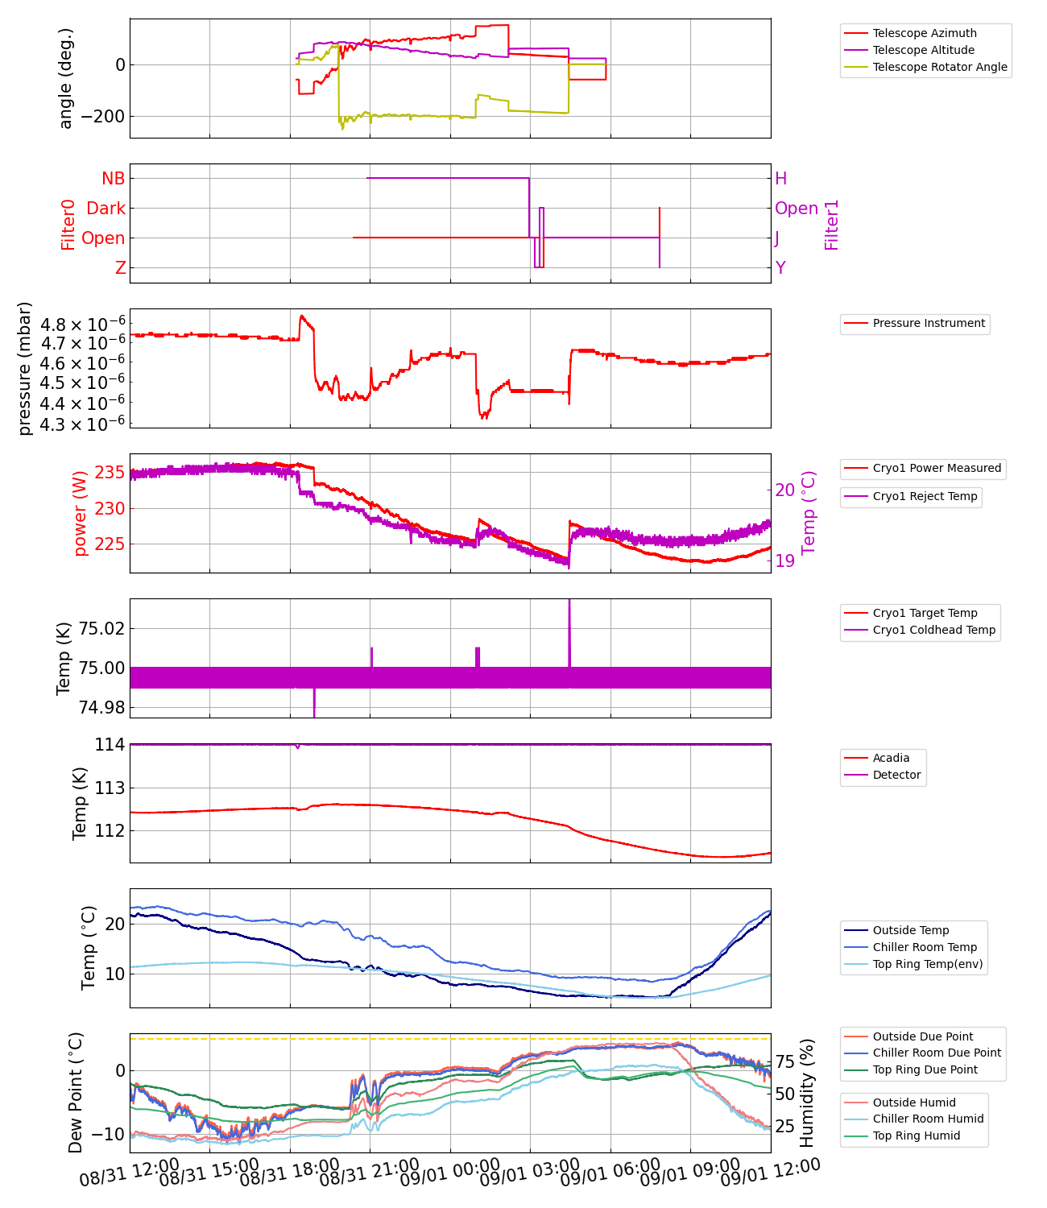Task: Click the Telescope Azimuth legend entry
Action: click(x=924, y=33)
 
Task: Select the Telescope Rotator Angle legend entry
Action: click(x=939, y=67)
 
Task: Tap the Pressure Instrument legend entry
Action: click(x=928, y=323)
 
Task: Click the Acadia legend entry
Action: click(x=891, y=758)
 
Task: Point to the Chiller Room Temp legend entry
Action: click(x=925, y=947)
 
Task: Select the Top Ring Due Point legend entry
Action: click(x=925, y=1069)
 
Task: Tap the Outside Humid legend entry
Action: click(x=914, y=1103)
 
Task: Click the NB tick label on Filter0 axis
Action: click(x=113, y=179)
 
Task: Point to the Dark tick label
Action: click(x=106, y=209)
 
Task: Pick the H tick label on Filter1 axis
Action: click(x=780, y=179)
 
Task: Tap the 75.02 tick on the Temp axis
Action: click(x=101, y=628)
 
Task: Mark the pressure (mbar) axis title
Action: click(x=25, y=368)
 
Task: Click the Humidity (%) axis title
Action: click(x=807, y=1093)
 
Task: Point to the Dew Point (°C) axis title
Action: click(x=75, y=1093)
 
